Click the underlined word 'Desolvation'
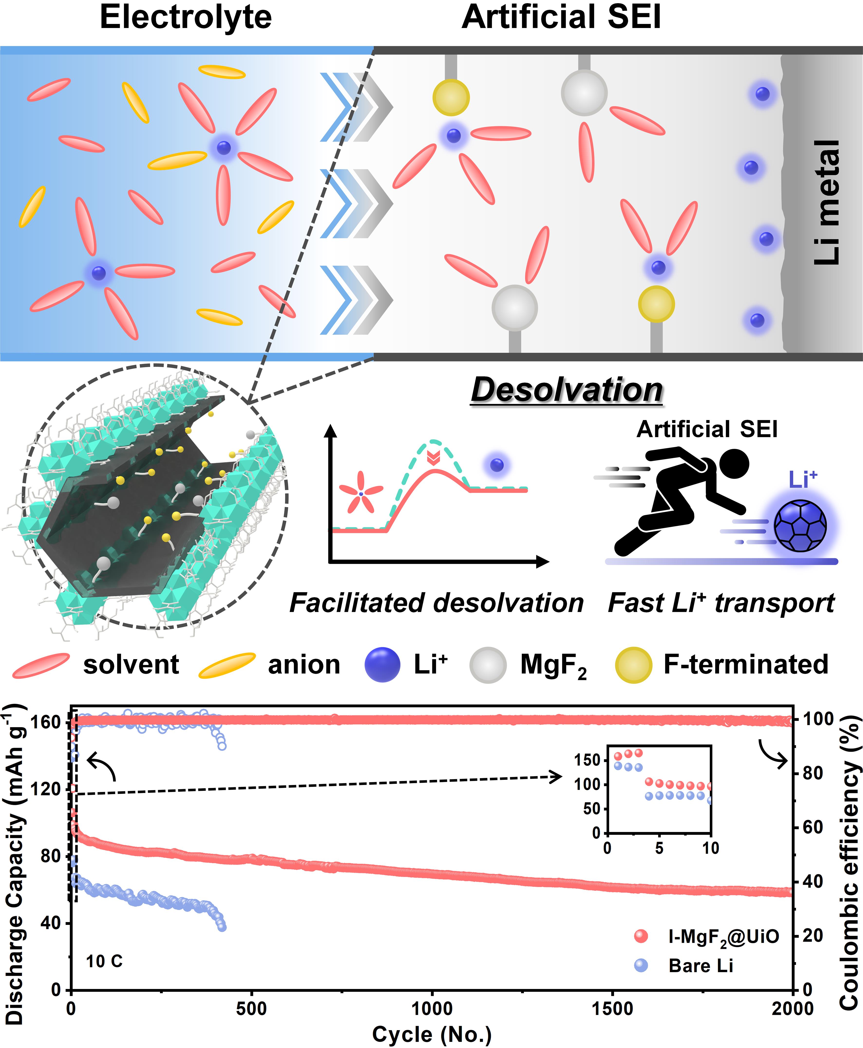[567, 390]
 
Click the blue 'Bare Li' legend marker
[641, 965]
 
